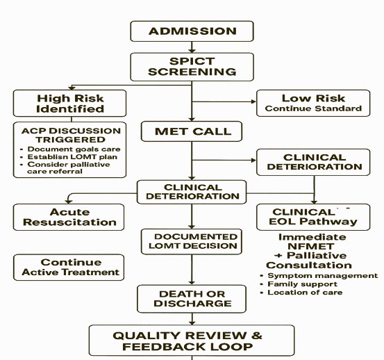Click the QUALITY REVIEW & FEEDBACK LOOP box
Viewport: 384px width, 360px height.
pyautogui.click(x=187, y=340)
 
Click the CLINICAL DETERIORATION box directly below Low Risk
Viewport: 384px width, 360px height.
pyautogui.click(x=315, y=162)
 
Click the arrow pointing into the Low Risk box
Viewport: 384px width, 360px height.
pyautogui.click(x=250, y=102)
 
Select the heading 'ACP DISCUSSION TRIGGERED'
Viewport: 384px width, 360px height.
pyautogui.click(x=70, y=135)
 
